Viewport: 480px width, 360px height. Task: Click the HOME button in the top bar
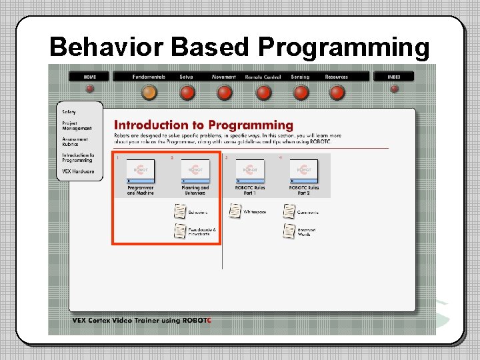90,77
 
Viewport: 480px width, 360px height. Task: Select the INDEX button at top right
394,77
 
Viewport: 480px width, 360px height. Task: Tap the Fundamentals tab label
149,77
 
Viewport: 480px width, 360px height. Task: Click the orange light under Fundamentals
149,92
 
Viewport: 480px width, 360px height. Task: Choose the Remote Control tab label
263,77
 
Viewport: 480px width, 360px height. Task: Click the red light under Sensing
301,92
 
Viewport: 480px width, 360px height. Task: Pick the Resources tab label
337,77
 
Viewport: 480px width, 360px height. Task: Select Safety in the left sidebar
69,112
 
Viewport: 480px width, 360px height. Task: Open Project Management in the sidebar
77,126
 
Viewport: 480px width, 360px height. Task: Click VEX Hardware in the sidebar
78,171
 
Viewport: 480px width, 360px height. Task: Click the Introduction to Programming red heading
203,125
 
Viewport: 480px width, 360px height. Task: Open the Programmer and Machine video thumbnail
140,171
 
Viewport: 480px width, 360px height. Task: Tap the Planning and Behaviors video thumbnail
195,171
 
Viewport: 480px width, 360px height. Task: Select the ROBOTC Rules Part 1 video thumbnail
249,171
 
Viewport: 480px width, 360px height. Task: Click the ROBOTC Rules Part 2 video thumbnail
303,171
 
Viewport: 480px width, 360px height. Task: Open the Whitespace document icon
235,211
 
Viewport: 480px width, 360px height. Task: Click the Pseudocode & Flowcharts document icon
180,231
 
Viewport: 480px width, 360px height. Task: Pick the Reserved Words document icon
289,231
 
